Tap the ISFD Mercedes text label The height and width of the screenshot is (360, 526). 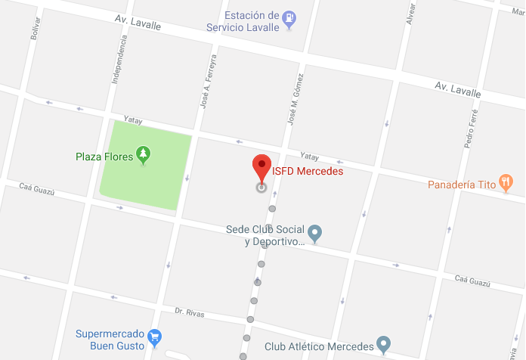(x=308, y=171)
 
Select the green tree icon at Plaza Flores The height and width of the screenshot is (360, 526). (x=143, y=156)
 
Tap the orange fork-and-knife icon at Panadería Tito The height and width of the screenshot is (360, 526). (x=506, y=182)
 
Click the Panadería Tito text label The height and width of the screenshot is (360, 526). (x=461, y=184)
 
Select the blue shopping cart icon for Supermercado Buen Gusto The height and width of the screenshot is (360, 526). (x=154, y=336)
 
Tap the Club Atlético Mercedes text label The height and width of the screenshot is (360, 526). (x=319, y=346)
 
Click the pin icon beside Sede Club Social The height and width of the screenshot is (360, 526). (x=316, y=233)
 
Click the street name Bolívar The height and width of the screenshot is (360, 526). (x=36, y=28)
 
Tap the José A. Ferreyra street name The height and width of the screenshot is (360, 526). (x=208, y=82)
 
